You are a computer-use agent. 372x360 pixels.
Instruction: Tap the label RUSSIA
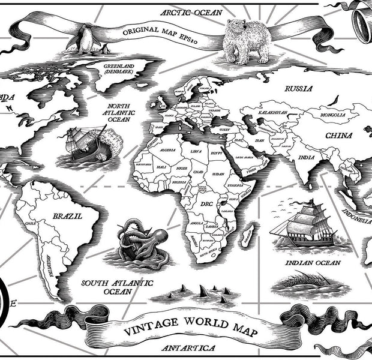coord(298,89)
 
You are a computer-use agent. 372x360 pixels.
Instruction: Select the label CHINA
coord(338,136)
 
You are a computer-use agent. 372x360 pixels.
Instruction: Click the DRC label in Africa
coord(206,205)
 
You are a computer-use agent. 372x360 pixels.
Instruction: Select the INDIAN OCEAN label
coord(312,263)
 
